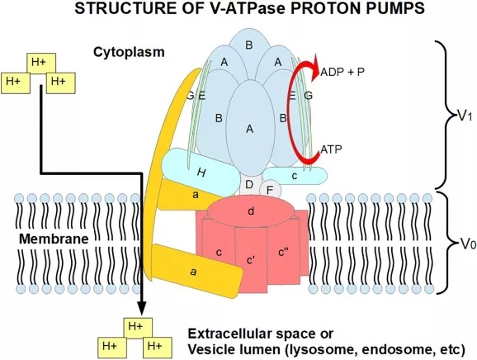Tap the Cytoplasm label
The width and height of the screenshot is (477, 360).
129,52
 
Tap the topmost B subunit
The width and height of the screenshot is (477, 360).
249,44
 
